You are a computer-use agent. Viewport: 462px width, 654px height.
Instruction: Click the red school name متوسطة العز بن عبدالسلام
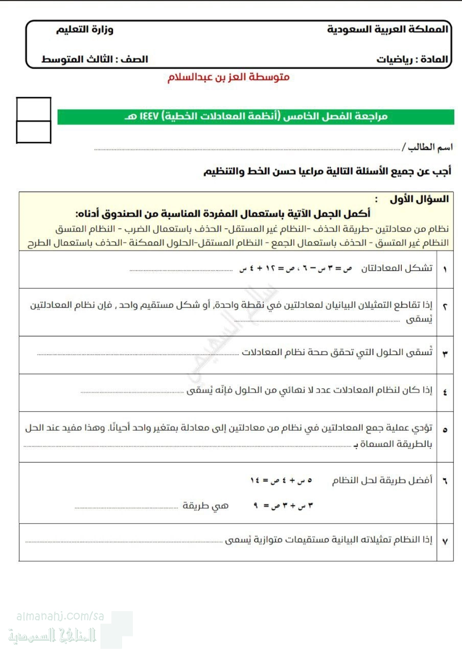228,78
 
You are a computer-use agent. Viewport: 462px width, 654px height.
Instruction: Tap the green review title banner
256,116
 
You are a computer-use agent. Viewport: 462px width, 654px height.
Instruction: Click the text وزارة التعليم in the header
85,29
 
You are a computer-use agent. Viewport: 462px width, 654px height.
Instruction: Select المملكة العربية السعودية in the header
387,29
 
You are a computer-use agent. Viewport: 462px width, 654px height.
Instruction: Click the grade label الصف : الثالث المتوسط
95,59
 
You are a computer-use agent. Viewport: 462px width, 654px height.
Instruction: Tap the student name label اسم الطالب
427,147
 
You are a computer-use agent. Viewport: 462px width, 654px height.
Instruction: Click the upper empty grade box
34,109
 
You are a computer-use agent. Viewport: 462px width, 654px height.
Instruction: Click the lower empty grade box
34,132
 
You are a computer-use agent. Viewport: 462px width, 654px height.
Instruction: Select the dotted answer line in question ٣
138,354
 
